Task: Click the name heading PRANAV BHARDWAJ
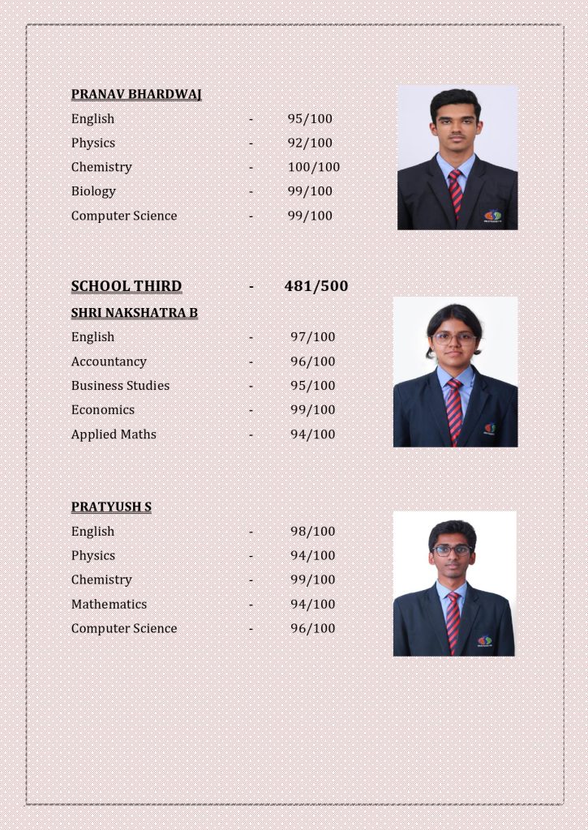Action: [136, 94]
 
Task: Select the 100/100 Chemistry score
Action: [314, 167]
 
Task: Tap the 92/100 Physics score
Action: [310, 143]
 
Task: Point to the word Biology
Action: [93, 191]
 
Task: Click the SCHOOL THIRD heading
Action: [127, 286]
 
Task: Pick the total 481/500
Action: [316, 286]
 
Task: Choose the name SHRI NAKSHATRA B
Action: [135, 313]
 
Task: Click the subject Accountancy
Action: [109, 362]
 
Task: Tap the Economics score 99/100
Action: [313, 410]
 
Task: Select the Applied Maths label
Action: [114, 434]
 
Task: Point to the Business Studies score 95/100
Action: [313, 386]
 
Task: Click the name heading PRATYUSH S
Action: [111, 507]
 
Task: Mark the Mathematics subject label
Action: [109, 605]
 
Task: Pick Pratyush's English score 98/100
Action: [313, 532]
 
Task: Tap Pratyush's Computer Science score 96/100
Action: [313, 629]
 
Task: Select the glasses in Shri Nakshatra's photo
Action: [454, 338]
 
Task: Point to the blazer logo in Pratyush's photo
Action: [484, 640]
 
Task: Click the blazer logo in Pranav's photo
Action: [492, 216]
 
